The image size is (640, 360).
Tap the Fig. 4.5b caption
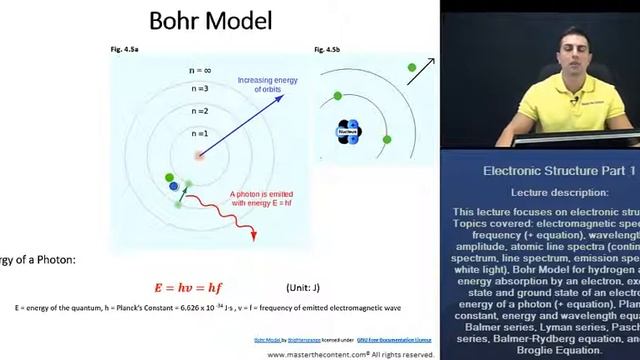click(x=328, y=49)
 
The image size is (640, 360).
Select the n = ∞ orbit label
click(x=200, y=70)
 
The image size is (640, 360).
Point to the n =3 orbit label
click(x=200, y=91)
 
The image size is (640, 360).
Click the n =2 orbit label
click(x=200, y=111)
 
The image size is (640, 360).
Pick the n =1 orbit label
click(x=200, y=133)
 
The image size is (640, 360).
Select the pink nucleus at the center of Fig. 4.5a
click(x=200, y=155)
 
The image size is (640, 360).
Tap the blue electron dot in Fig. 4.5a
click(x=174, y=186)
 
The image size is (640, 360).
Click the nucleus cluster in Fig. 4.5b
click(x=347, y=131)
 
